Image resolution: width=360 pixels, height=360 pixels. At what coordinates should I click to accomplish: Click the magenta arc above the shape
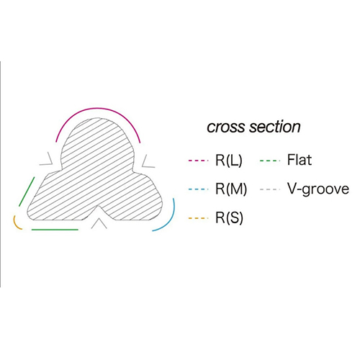(x=98, y=108)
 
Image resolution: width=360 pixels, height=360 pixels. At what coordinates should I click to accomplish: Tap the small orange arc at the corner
(x=15, y=225)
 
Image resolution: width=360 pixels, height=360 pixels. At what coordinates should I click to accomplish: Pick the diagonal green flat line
(x=27, y=192)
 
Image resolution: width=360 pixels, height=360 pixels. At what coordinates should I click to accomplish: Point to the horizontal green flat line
(x=55, y=230)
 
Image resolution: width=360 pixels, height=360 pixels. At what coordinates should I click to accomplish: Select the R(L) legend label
(x=229, y=161)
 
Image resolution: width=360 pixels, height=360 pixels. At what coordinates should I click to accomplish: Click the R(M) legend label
(x=231, y=189)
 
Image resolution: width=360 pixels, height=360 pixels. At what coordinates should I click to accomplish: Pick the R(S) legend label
(x=229, y=218)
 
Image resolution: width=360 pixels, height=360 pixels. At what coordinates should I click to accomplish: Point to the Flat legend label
(x=300, y=160)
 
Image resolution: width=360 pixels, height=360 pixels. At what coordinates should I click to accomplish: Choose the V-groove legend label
(x=318, y=189)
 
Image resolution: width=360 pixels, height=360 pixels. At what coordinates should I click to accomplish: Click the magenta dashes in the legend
(x=198, y=161)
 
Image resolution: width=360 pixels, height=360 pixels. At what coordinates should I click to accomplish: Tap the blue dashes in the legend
(x=198, y=189)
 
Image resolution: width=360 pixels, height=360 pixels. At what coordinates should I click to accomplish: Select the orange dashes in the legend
(x=198, y=218)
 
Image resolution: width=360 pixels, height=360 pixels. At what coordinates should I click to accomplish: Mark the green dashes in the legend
(x=270, y=161)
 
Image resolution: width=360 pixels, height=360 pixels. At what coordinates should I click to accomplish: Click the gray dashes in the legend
(x=270, y=189)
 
